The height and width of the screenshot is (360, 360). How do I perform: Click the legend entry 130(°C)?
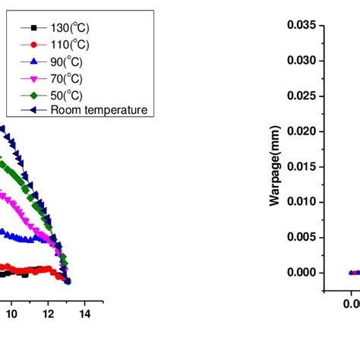68,27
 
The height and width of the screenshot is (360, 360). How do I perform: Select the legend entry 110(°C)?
68,44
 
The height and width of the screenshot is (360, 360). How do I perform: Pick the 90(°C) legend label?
65,61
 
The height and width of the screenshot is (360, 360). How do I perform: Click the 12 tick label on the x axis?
48,313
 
